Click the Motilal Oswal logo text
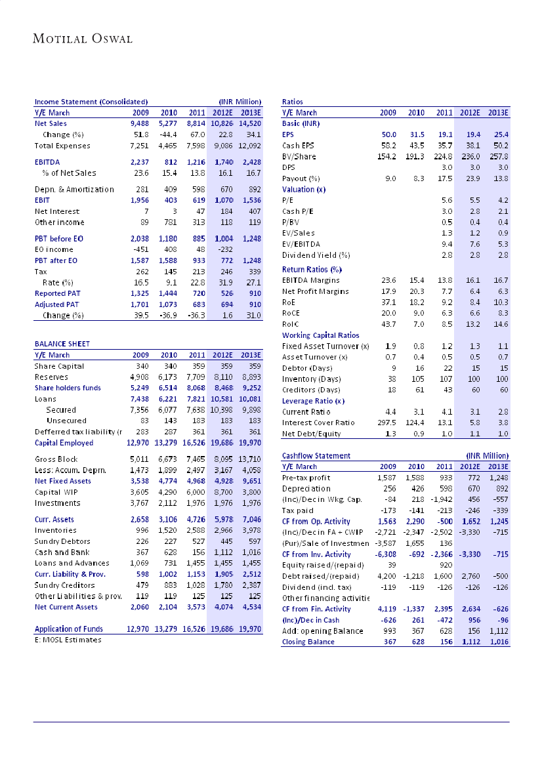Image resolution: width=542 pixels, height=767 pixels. point(83,39)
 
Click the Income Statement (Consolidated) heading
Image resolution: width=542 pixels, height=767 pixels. point(91,102)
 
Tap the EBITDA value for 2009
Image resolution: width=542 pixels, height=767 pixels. point(140,161)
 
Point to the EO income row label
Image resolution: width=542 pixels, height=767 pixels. point(55,249)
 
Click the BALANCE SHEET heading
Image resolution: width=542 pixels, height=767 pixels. point(62,344)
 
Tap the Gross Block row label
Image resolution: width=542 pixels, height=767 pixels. point(57,459)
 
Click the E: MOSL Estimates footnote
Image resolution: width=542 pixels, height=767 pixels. point(68,640)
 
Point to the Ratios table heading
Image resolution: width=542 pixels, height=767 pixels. point(292,102)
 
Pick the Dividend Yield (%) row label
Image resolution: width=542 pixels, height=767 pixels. point(316,255)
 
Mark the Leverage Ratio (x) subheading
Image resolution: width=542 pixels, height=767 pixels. point(313,400)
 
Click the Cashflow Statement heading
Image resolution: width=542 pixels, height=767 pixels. point(316,455)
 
